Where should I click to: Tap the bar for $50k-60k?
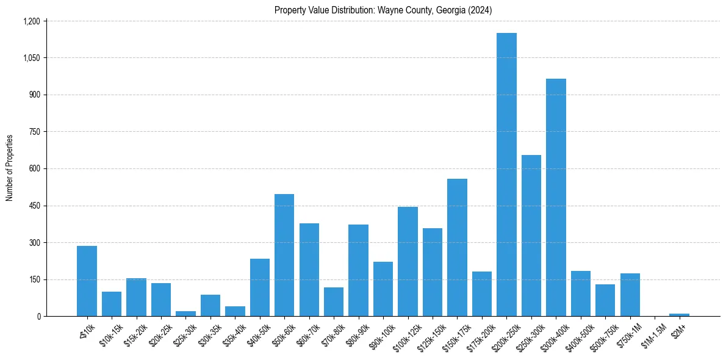coord(284,255)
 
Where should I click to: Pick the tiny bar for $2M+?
coord(679,315)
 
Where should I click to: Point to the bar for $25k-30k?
coord(185,314)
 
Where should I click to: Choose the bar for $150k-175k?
coord(457,247)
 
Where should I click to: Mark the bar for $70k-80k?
coord(334,301)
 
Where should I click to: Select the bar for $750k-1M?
coord(630,295)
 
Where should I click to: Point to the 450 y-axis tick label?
coord(35,206)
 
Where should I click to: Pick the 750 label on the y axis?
coord(35,132)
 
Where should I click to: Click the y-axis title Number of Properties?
coord(10,168)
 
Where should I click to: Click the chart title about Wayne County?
coord(383,10)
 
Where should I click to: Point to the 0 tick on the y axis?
coord(39,317)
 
